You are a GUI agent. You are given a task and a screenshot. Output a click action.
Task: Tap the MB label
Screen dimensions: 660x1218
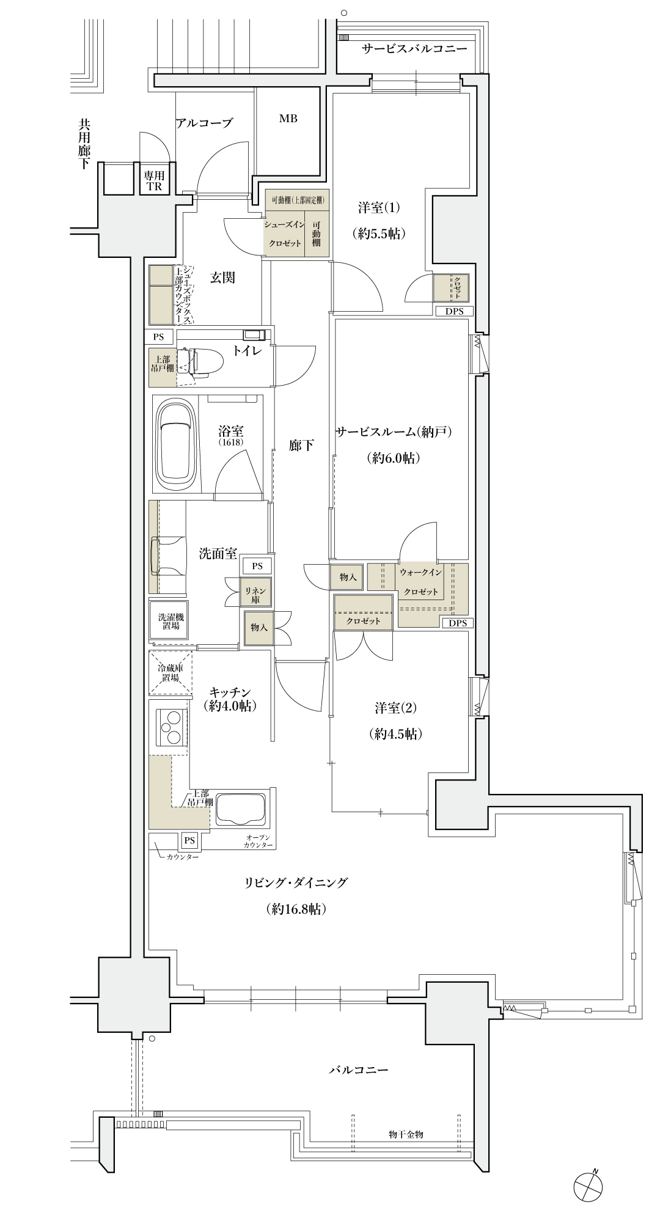pos(288,119)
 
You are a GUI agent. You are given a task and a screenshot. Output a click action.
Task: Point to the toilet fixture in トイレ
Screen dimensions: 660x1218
pos(194,362)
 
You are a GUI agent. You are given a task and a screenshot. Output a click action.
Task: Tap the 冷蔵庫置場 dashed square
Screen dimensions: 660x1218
pos(170,673)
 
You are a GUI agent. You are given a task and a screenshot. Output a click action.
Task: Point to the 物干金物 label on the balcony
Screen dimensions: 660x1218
pos(406,1134)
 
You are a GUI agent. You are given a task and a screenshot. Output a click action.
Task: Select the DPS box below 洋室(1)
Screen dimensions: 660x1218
pos(454,311)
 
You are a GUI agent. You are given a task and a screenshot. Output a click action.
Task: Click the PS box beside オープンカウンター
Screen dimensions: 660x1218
pos(189,841)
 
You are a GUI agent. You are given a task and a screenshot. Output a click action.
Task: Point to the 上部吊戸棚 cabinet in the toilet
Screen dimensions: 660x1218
pos(163,367)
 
